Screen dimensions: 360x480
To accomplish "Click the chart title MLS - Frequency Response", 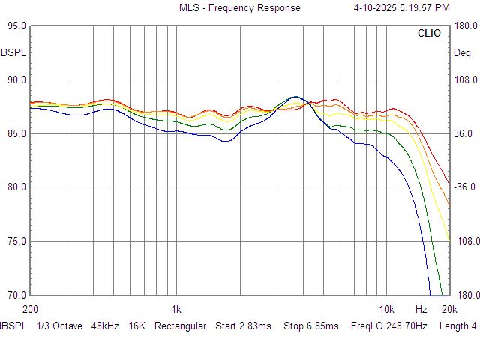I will pyautogui.click(x=239, y=8).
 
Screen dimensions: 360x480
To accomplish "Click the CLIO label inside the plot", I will pyautogui.click(x=429, y=34).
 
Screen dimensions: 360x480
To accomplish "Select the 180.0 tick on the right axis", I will pyautogui.click(x=466, y=25).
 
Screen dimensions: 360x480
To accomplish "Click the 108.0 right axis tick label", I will pyautogui.click(x=466, y=79).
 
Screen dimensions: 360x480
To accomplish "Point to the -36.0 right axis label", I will pyautogui.click(x=466, y=187).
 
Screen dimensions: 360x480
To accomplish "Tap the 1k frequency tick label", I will pyautogui.click(x=176, y=309).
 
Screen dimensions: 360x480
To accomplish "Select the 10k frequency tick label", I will pyautogui.click(x=386, y=309).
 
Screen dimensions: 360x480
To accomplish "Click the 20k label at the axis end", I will pyautogui.click(x=449, y=309).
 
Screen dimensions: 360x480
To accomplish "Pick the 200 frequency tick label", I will pyautogui.click(x=30, y=309).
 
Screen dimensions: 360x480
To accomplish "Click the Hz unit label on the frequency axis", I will pyautogui.click(x=421, y=309).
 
